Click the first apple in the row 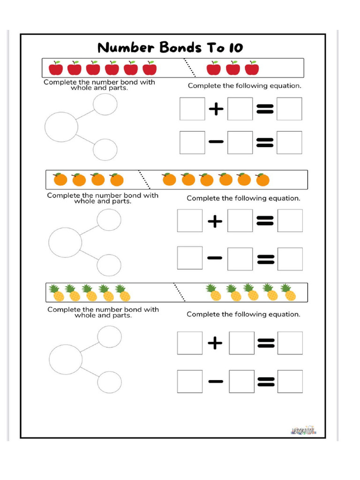pos(56,68)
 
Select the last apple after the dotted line pos(252,68)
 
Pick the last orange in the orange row pos(262,180)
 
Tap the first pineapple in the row pos(57,293)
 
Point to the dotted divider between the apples pos(189,67)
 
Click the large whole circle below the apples pos(61,127)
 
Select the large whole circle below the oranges pos(65,242)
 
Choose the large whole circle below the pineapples pos(66,358)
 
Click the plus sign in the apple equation pos(216,110)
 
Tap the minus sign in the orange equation pos(215,259)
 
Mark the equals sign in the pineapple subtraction pos(265,382)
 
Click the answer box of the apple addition pos(289,109)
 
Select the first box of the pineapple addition pos(190,343)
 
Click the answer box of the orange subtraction pos(290,259)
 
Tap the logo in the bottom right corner pos(303,430)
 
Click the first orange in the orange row pos(60,180)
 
